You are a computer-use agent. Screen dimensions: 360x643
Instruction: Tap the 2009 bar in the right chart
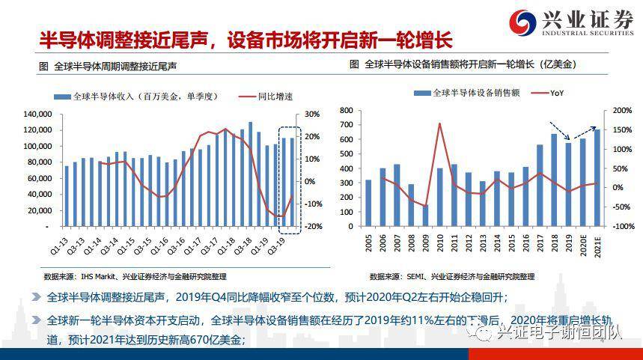tap(425, 215)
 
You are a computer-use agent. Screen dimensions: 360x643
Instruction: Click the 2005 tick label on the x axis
tap(368, 244)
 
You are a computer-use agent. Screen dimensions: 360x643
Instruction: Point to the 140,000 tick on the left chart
tap(37, 114)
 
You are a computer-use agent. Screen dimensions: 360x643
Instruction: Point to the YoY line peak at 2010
tap(439, 123)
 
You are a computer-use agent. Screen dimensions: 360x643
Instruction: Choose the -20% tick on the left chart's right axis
tap(313, 227)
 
